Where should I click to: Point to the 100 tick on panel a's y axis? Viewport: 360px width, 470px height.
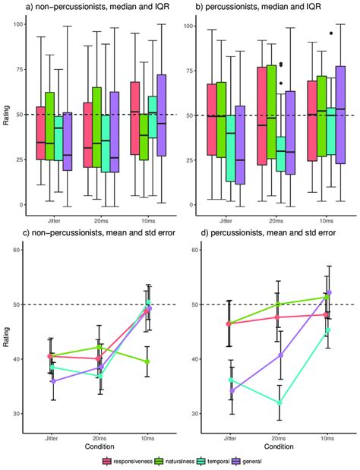tap(16, 25)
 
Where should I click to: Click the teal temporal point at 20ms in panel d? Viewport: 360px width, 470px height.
tap(280, 402)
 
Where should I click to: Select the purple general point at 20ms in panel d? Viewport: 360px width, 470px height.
tap(280, 355)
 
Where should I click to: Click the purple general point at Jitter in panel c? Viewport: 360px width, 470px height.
tap(51, 381)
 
